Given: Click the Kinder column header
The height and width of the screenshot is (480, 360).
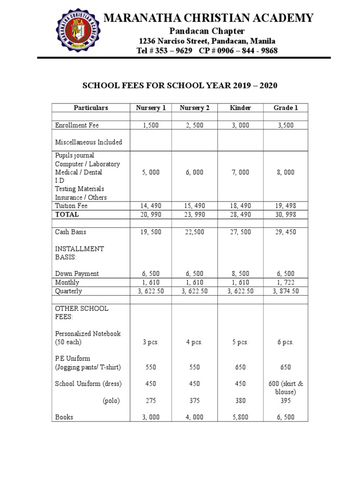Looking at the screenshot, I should [x=240, y=108].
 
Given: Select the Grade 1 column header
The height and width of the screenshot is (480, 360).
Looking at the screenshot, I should [x=285, y=108].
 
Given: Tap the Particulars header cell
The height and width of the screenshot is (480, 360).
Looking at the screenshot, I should [x=90, y=108].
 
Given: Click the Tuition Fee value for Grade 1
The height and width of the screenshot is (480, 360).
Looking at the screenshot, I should [x=285, y=206].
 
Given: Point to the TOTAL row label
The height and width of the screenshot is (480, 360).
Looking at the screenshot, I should [x=67, y=214].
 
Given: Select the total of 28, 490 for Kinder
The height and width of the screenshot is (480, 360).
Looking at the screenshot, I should [x=240, y=214].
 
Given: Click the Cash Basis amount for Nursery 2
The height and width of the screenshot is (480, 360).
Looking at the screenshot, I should [x=195, y=232].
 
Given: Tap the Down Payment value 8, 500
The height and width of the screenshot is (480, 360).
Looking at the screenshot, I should [x=240, y=274].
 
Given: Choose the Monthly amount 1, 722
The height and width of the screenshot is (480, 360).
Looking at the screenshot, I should [x=285, y=283].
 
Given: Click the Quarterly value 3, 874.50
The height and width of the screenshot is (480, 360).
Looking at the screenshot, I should [x=285, y=291].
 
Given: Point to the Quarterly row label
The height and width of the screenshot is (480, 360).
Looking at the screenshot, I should [x=68, y=291].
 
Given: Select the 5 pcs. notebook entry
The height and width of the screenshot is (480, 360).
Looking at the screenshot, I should [x=240, y=342].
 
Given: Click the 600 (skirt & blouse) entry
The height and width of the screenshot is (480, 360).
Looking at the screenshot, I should [x=285, y=388].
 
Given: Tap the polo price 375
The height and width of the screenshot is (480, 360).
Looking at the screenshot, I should [x=195, y=401].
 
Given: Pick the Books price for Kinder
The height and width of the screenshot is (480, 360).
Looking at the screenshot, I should [x=240, y=417].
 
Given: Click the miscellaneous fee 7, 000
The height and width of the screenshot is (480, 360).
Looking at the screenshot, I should [x=240, y=172].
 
